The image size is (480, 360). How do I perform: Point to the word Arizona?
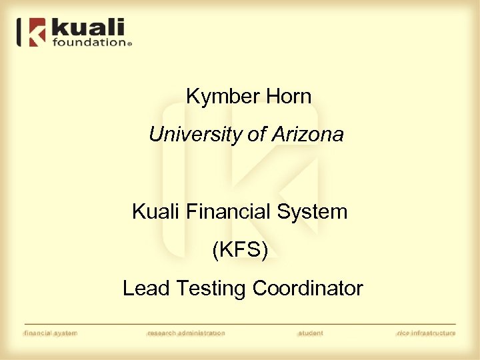307,135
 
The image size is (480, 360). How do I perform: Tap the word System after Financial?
313,213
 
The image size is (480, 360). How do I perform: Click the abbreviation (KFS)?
240,251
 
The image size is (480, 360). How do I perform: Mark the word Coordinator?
308,289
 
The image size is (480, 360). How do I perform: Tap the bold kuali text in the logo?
87,28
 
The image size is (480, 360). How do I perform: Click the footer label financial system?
50,333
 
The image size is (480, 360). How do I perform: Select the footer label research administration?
186,333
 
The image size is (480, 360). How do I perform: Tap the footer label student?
311,333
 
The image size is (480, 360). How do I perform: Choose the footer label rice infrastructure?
425,333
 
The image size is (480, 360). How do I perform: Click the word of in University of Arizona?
257,135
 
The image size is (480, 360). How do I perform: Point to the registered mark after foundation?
129,43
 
